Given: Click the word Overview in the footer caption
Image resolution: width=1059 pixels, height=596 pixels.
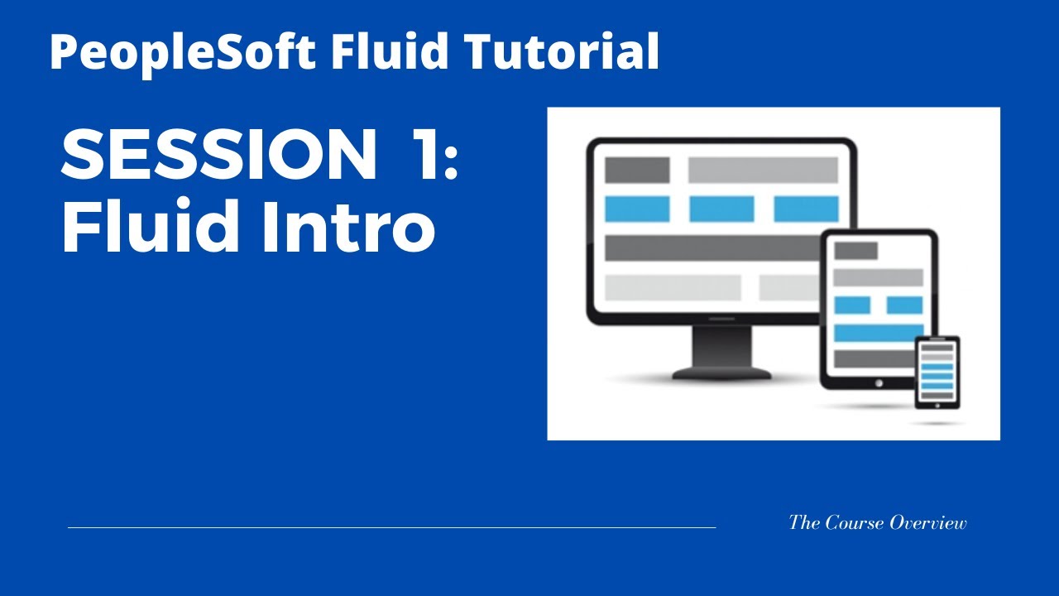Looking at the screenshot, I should click(928, 522).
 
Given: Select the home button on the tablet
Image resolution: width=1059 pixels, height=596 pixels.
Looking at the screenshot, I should click(878, 382).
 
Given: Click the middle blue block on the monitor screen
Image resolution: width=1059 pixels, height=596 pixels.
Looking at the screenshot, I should click(721, 209).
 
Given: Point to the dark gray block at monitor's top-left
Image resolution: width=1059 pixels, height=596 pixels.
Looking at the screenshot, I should click(637, 170).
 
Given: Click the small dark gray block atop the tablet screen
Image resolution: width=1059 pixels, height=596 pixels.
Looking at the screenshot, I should click(855, 251).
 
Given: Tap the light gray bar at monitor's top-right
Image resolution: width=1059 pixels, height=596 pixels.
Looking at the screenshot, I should click(763, 170).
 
